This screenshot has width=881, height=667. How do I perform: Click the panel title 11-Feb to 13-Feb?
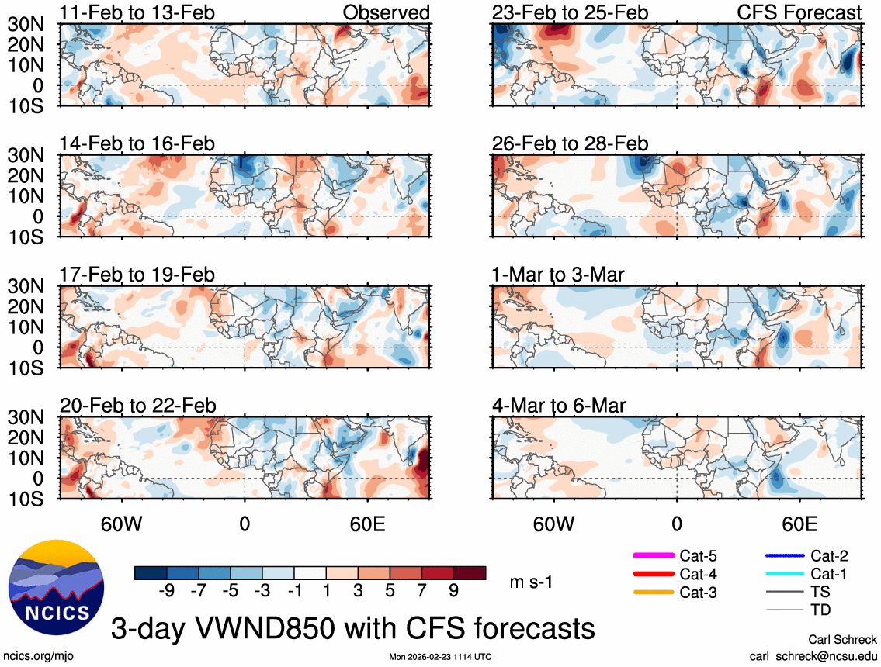pyautogui.click(x=138, y=13)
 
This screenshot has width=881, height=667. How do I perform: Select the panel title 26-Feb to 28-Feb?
pyautogui.click(x=571, y=144)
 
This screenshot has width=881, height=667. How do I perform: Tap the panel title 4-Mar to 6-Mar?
pyautogui.click(x=559, y=406)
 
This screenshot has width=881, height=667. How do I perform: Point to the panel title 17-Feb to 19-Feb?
pyautogui.click(x=138, y=275)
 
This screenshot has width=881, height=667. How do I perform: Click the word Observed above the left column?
pyautogui.click(x=386, y=13)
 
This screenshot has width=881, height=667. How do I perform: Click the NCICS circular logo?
pyautogui.click(x=55, y=582)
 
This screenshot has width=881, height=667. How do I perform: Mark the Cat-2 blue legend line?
pyautogui.click(x=783, y=555)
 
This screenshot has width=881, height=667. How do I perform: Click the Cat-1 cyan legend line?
pyautogui.click(x=783, y=574)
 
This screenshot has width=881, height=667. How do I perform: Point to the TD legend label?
pyautogui.click(x=820, y=610)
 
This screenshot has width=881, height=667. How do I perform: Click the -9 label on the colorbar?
pyautogui.click(x=165, y=591)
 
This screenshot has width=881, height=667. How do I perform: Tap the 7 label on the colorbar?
pyautogui.click(x=421, y=591)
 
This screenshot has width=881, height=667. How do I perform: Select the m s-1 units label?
pyautogui.click(x=531, y=582)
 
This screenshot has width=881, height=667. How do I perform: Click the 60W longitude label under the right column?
pyautogui.click(x=553, y=522)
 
